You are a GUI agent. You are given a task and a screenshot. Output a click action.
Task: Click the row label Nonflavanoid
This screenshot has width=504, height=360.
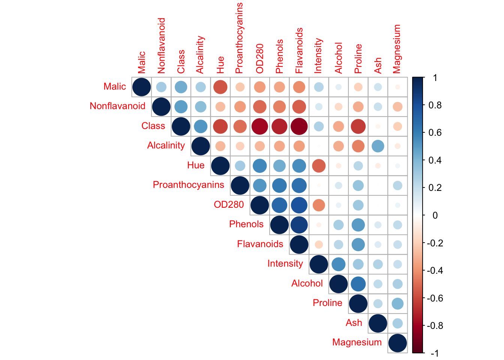click(117, 106)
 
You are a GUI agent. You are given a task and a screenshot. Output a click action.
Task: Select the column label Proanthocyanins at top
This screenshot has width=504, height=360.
click(239, 38)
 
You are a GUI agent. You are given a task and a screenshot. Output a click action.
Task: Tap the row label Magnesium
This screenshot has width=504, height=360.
click(357, 342)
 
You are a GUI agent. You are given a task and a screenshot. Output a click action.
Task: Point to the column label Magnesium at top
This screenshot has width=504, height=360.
click(397, 49)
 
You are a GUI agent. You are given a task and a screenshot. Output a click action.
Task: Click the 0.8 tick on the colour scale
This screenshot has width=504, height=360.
click(435, 105)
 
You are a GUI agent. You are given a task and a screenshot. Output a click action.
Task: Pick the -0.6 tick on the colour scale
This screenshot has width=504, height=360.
click(435, 298)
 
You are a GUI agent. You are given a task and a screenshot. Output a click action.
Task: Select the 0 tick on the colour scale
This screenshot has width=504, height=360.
click(435, 215)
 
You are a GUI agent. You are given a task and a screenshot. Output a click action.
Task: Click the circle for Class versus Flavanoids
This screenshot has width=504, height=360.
click(299, 126)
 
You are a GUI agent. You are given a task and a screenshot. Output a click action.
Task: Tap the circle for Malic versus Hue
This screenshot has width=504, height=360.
click(220, 87)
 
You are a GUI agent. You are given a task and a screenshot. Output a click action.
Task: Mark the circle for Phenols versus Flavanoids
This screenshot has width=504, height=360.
click(299, 225)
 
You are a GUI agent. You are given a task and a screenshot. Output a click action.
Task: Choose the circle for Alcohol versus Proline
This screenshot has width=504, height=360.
click(358, 283)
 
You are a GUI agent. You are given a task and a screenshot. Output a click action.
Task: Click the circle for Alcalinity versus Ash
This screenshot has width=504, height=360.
click(378, 146)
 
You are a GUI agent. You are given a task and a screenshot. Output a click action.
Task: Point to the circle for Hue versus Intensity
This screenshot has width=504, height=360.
click(319, 165)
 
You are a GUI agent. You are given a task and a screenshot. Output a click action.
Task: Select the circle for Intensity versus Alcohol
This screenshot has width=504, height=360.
click(338, 264)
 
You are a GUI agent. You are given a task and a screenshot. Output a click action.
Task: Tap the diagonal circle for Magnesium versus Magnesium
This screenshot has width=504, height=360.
click(397, 343)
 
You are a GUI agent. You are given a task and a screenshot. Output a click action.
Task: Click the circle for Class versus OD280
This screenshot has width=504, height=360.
click(259, 126)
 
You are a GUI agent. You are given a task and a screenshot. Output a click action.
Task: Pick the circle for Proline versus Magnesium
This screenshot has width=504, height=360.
click(397, 303)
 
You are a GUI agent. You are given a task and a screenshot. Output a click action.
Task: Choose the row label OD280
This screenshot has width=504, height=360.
click(229, 205)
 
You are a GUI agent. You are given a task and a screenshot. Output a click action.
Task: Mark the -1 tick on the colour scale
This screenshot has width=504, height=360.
click(435, 353)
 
